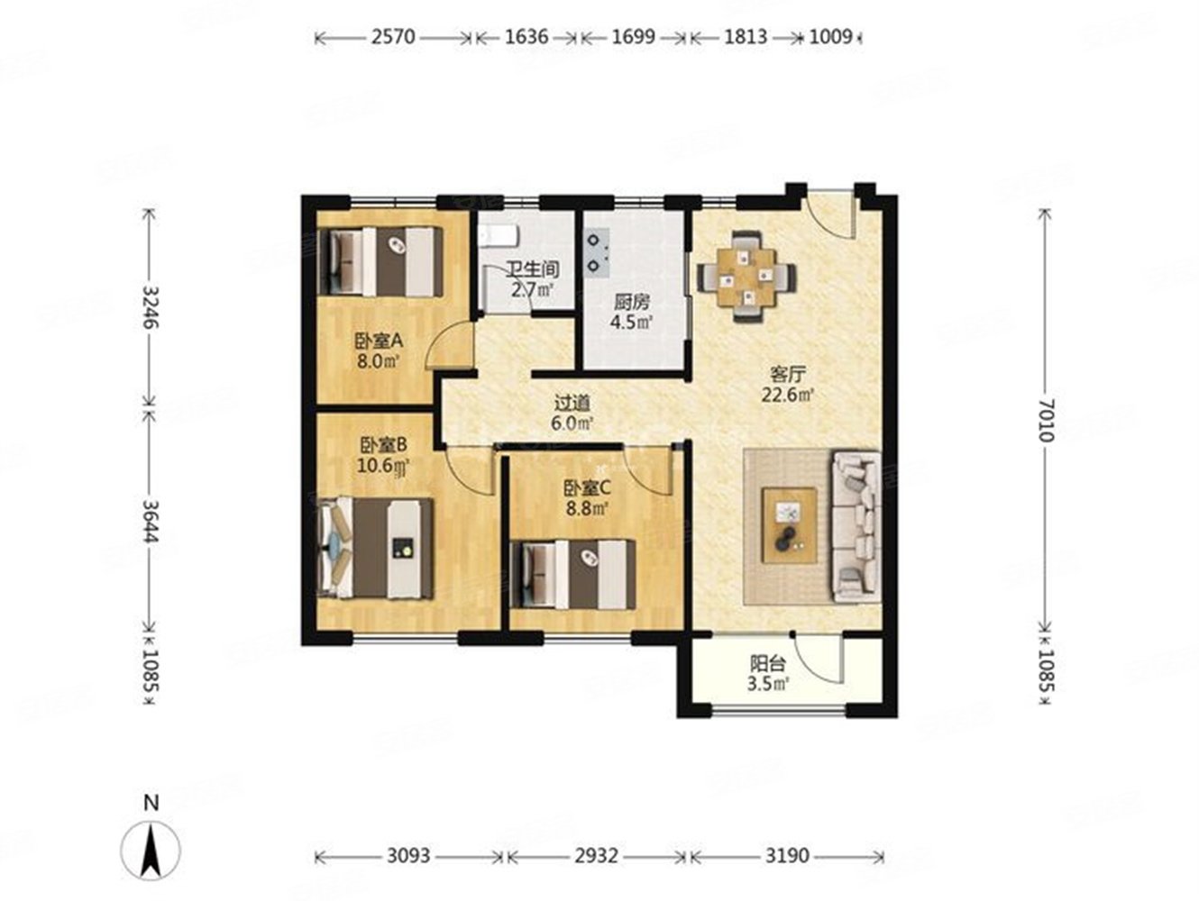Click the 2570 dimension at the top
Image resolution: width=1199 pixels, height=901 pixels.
click(393, 37)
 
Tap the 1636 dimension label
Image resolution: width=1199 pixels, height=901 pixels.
click(526, 37)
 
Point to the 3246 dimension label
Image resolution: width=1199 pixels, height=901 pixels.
click(151, 306)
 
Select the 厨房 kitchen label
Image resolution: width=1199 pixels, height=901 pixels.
click(632, 302)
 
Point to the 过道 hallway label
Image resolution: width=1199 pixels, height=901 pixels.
click(572, 404)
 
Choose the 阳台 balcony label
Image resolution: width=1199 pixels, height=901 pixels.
click(767, 664)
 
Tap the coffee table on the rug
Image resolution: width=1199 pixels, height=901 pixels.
click(790, 525)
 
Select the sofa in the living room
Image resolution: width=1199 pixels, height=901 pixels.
click(856, 527)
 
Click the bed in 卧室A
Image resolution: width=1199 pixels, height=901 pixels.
click(380, 262)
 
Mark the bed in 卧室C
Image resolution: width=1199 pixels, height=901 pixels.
click(572, 575)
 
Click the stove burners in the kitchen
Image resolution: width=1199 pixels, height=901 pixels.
click(598, 253)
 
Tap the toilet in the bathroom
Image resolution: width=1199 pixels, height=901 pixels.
click(498, 236)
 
